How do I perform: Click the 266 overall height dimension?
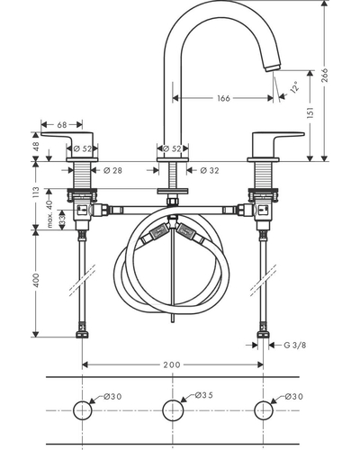click(x=325, y=75)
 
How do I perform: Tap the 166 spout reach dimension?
click(x=223, y=98)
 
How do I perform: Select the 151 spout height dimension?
click(x=310, y=112)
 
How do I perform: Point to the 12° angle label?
click(x=294, y=86)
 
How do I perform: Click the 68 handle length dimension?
click(x=62, y=124)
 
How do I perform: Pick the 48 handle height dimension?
click(x=36, y=147)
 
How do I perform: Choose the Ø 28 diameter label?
click(x=112, y=170)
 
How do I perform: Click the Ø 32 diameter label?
click(x=210, y=170)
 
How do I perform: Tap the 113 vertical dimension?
click(x=36, y=193)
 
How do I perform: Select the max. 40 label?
click(x=49, y=214)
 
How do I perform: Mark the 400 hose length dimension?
click(x=36, y=280)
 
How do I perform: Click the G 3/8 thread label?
click(x=295, y=346)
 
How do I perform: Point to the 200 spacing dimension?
click(x=172, y=364)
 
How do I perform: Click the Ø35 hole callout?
click(x=203, y=395)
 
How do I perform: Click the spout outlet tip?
click(x=273, y=67)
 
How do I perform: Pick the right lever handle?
click(x=275, y=144)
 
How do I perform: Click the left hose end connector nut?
click(x=82, y=335)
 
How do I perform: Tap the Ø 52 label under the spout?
click(x=172, y=148)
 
